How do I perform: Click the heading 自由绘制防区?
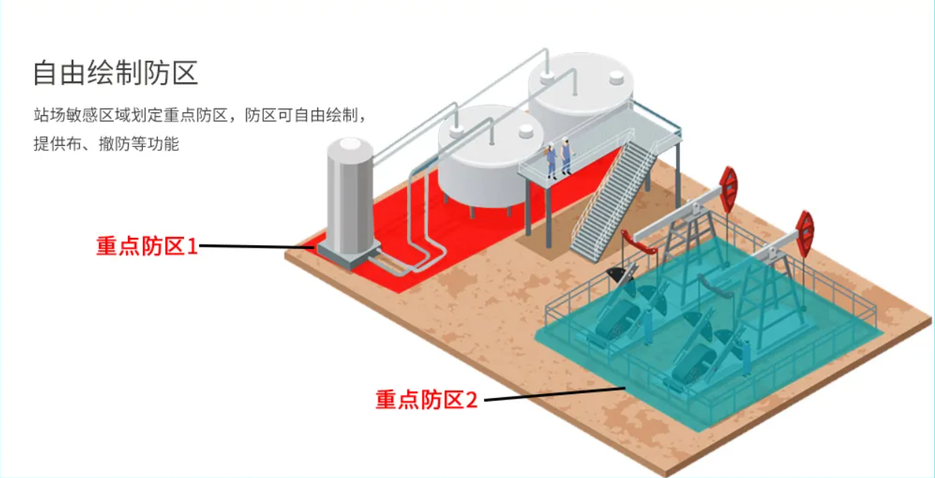click(115, 73)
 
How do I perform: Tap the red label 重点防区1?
click(147, 245)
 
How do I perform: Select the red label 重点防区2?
click(426, 399)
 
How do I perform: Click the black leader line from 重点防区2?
click(554, 393)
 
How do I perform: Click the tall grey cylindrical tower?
click(349, 198)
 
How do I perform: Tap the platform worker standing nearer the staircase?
click(566, 156)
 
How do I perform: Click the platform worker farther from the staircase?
click(551, 159)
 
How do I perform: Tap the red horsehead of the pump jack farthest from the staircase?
click(805, 232)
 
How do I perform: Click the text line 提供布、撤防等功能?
click(105, 144)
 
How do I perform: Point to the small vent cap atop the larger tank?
click(616, 76)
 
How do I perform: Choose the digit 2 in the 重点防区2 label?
click(470, 399)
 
